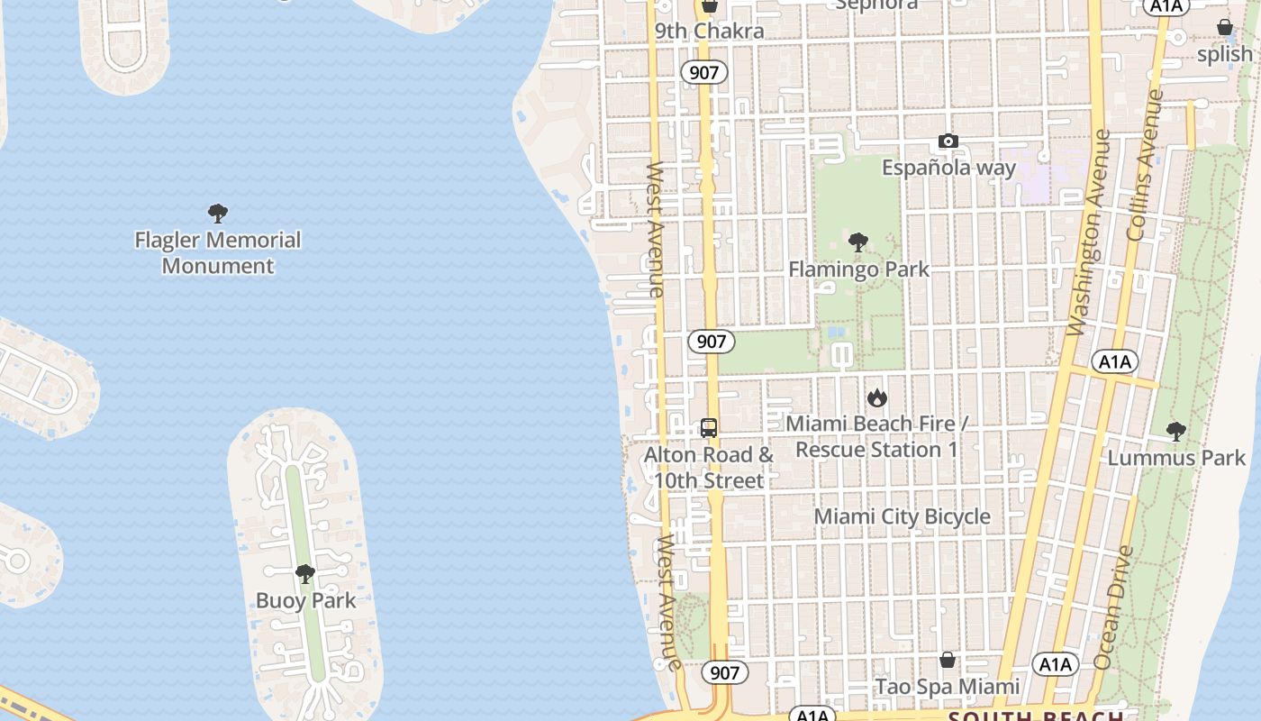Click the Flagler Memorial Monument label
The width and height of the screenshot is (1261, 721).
217,253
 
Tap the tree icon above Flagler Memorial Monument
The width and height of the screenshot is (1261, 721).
217,214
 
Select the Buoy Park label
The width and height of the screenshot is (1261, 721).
305,600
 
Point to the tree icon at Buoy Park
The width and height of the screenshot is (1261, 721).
305,574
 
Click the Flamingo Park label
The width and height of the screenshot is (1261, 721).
858,269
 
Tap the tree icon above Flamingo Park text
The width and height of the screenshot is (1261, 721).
858,242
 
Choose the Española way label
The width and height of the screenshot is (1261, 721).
948,168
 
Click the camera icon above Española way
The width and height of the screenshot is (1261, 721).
948,141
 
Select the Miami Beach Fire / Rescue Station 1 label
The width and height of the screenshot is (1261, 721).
876,436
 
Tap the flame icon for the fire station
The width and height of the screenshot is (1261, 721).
876,397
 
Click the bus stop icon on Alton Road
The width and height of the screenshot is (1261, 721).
709,428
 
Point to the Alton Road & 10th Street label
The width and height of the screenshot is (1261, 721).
709,468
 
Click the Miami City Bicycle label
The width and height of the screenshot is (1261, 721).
902,516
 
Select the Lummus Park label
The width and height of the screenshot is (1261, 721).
1175,458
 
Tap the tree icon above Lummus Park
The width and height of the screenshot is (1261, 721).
1175,432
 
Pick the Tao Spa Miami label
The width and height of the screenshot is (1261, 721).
948,687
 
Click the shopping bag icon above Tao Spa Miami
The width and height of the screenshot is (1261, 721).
948,661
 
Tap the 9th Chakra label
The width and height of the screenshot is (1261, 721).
709,31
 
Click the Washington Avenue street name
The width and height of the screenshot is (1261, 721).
1088,233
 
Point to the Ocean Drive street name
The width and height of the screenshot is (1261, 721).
1113,608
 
